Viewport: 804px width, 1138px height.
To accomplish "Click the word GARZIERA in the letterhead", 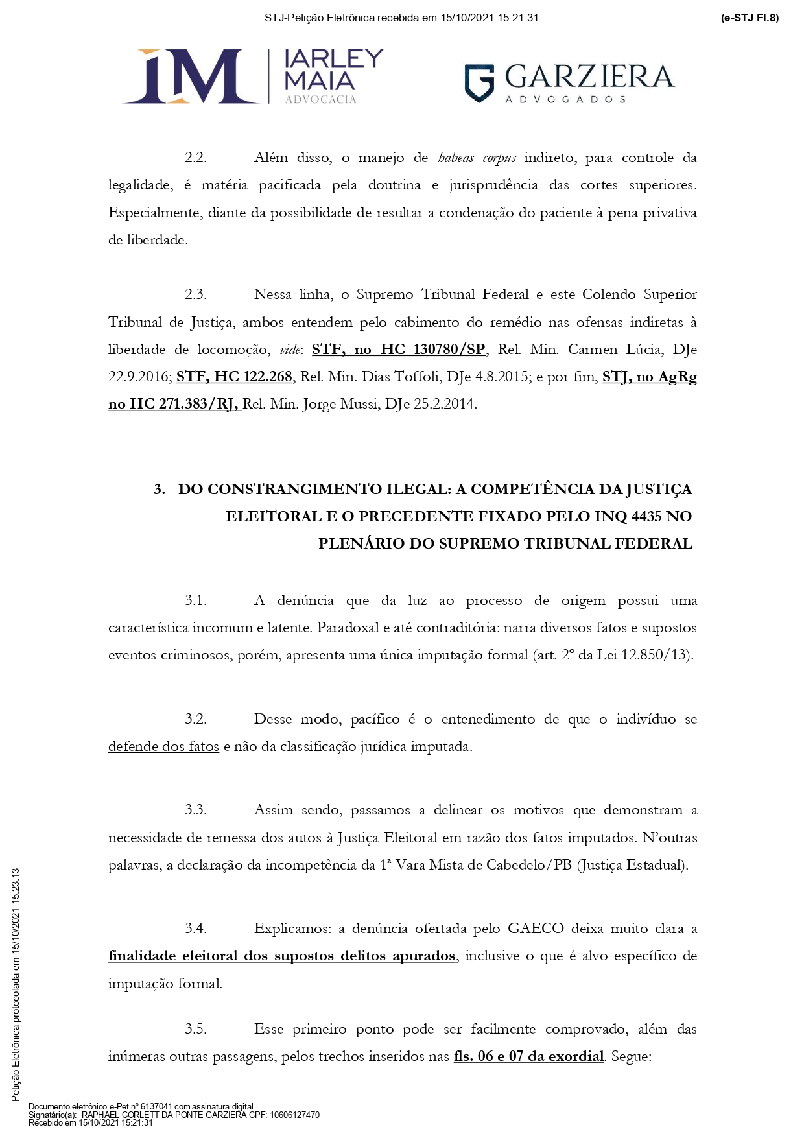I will [588, 77].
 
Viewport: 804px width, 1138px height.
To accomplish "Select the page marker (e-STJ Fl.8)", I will [749, 18].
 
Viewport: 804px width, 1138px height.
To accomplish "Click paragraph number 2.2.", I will [195, 158].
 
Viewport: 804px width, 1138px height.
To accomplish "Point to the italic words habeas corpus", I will [477, 158].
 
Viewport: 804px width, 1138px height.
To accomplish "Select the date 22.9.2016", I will [139, 377].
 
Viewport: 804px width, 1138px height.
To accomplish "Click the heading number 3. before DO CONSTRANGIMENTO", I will [160, 490].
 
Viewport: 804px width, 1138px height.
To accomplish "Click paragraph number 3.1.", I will [195, 601].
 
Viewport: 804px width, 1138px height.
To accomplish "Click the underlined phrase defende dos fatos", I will [163, 746].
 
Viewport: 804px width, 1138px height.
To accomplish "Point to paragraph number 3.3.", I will [195, 810].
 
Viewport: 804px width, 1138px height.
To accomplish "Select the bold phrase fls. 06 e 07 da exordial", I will [528, 1056].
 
